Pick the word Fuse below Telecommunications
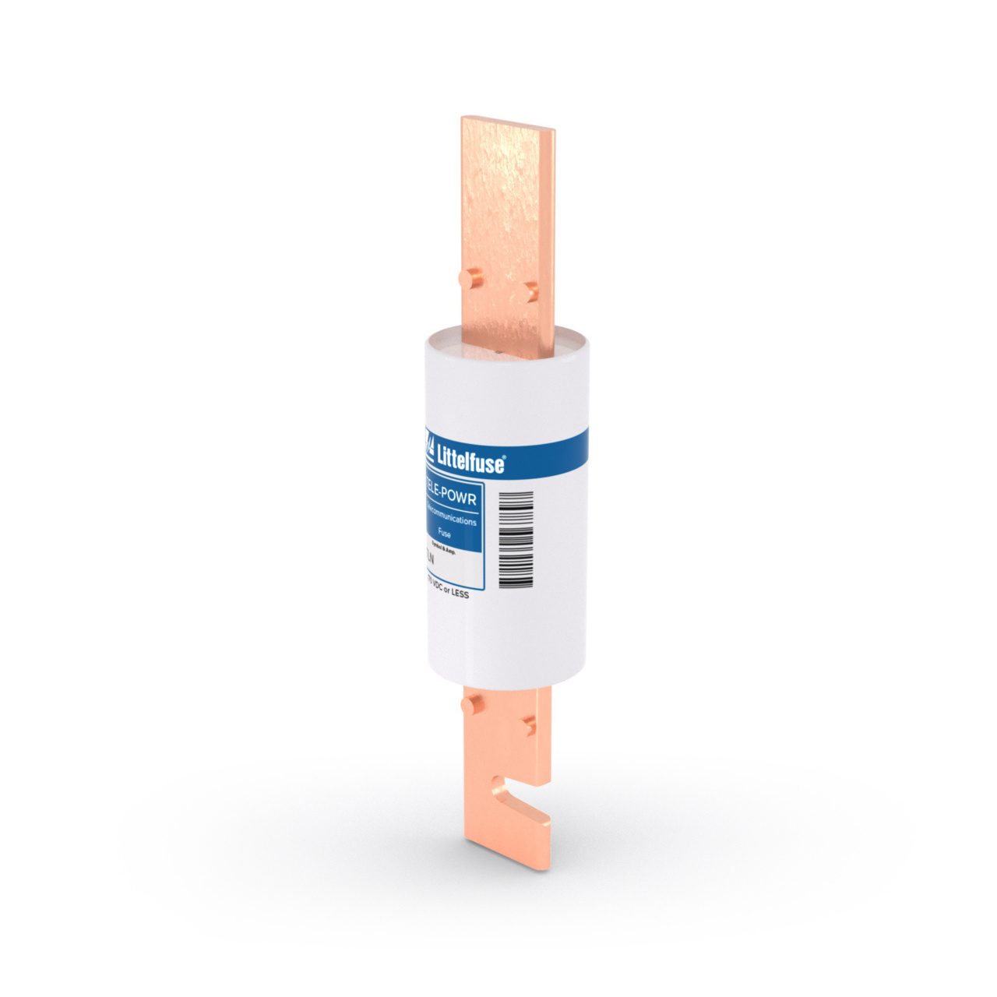(x=444, y=534)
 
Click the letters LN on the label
(x=428, y=558)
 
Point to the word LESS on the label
(x=460, y=594)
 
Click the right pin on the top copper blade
(x=531, y=291)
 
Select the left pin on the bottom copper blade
(x=470, y=706)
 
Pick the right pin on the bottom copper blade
(x=530, y=726)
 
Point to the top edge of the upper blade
(x=508, y=122)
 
